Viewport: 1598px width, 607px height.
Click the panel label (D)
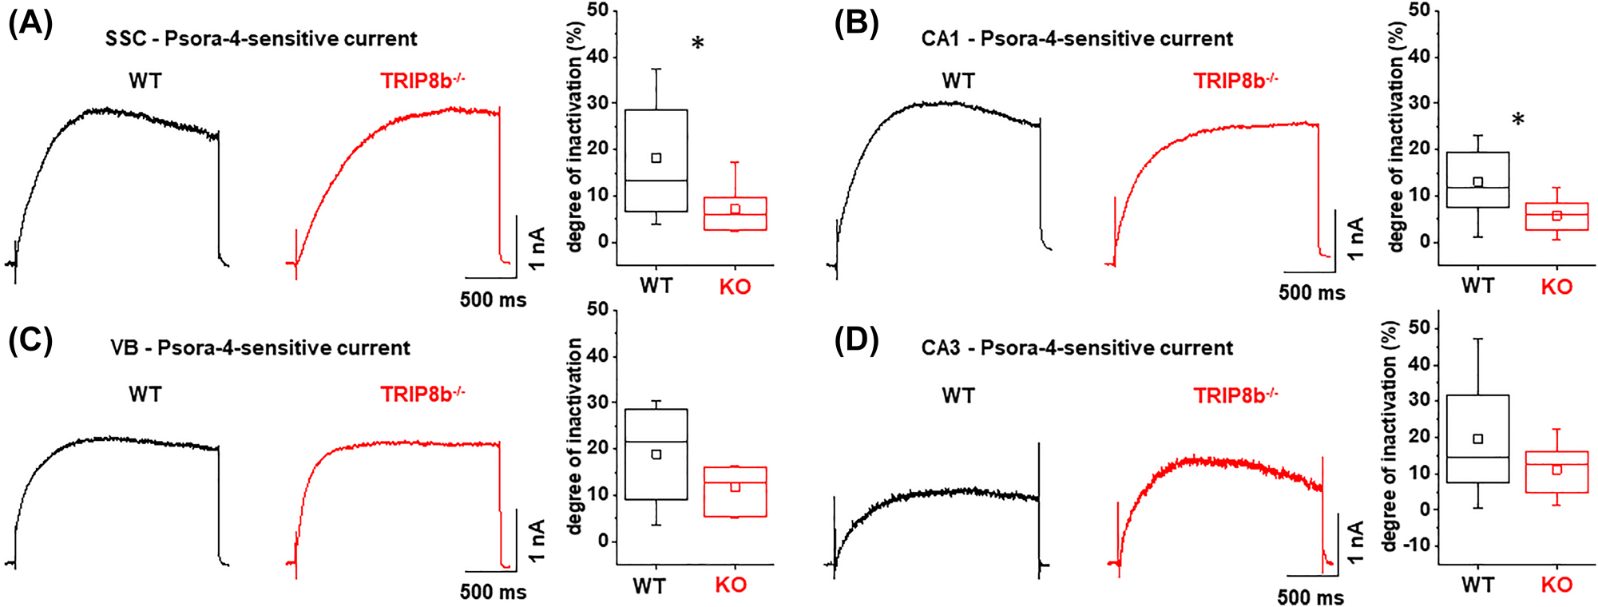(x=856, y=340)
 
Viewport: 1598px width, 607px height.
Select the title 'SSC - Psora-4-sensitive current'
(x=261, y=38)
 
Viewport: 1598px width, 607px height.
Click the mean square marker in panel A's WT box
(x=656, y=158)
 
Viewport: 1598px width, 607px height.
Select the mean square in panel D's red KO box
(x=1556, y=470)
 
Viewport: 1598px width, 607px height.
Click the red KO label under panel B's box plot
(x=1556, y=287)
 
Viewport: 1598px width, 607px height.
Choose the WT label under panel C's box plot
(x=649, y=586)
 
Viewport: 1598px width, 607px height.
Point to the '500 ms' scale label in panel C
(x=493, y=592)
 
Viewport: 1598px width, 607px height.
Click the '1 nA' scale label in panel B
(x=1355, y=238)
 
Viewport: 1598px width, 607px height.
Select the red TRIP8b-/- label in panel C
(x=422, y=394)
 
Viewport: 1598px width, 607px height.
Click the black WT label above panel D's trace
(x=958, y=395)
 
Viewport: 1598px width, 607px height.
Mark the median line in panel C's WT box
(x=656, y=442)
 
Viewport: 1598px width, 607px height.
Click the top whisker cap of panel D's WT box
(x=1477, y=339)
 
